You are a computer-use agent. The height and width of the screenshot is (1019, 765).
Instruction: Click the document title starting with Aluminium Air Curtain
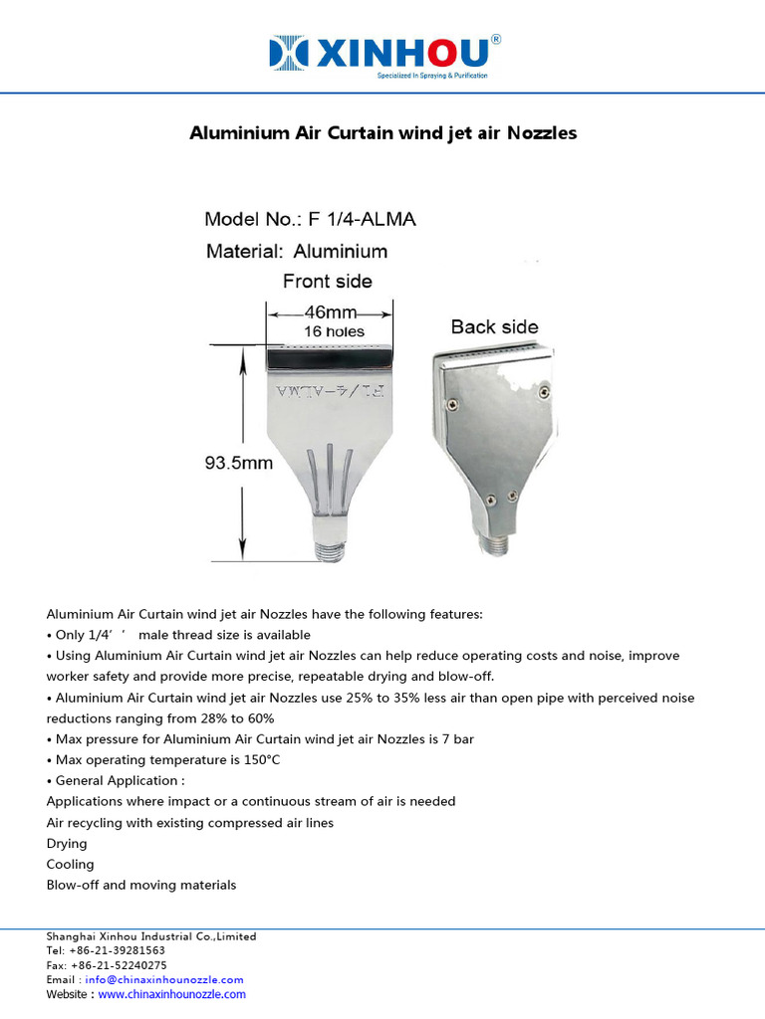(382, 132)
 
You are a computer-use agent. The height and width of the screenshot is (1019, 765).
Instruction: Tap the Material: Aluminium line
(297, 251)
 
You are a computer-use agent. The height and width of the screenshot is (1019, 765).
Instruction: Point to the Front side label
(328, 281)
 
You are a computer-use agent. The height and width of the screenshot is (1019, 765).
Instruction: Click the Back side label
(494, 326)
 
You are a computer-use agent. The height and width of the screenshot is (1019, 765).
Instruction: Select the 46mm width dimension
(333, 310)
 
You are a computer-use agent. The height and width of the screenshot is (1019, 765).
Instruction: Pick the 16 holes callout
(334, 330)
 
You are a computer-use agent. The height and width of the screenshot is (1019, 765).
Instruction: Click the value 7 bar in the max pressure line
(462, 738)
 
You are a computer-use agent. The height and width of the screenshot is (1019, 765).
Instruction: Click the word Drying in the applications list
(67, 843)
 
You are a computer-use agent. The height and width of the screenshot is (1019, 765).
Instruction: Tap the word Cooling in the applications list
(70, 864)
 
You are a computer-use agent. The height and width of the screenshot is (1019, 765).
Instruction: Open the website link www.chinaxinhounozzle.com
(171, 994)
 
